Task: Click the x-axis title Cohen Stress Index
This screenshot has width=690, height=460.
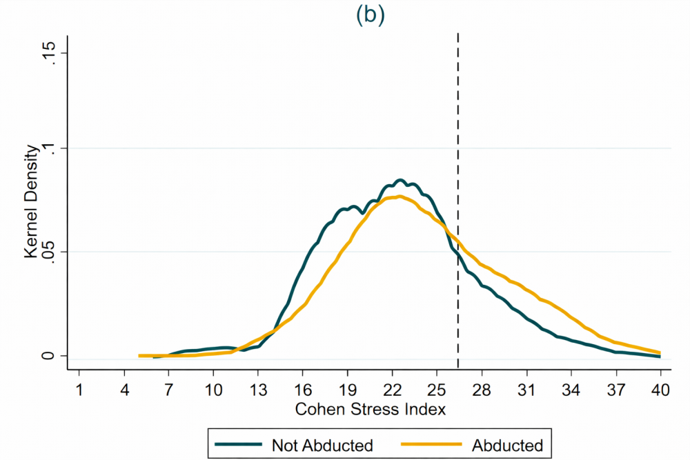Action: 371,409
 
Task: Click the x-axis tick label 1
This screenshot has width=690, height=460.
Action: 79,390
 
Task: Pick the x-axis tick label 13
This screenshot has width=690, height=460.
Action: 257,390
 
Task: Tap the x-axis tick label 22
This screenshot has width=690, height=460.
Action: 392,390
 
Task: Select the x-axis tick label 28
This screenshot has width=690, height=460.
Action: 482,390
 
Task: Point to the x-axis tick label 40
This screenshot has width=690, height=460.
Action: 660,390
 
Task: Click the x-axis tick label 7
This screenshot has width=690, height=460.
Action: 168,390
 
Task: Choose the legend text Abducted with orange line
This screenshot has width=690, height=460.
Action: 504,445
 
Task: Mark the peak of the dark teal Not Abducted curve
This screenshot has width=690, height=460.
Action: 400,181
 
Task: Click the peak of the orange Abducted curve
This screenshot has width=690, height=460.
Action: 399,197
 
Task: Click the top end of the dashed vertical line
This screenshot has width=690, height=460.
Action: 458,33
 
